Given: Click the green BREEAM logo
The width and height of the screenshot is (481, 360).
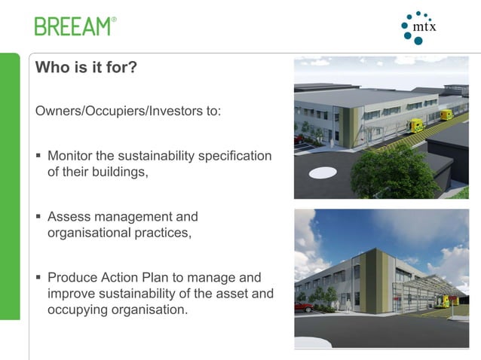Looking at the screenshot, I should (x=73, y=26).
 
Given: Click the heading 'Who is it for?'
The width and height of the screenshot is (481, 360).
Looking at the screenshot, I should (x=86, y=68).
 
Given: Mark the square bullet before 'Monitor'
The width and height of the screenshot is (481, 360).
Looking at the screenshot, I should (x=38, y=157).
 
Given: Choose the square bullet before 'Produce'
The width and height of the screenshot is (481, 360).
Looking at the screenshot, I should (x=38, y=279).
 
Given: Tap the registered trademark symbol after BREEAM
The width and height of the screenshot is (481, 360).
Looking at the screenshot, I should (x=115, y=20).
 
